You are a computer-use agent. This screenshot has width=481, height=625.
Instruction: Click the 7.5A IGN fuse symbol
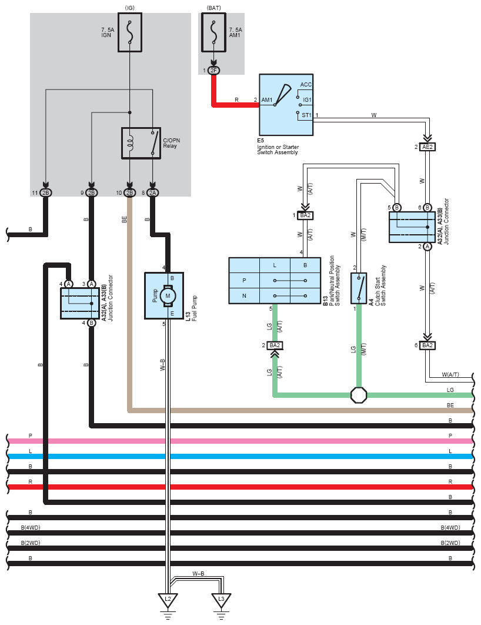click(x=130, y=32)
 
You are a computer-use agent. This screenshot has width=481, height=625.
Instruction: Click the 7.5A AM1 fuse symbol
click(x=214, y=32)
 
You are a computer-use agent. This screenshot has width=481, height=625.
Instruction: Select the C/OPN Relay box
click(x=141, y=143)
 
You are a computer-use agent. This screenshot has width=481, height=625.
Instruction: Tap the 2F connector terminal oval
click(x=214, y=71)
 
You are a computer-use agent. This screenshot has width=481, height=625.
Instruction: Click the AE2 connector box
click(x=427, y=147)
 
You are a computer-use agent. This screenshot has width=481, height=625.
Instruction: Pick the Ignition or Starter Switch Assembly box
click(x=286, y=104)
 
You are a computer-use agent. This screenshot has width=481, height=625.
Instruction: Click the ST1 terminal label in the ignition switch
click(x=306, y=115)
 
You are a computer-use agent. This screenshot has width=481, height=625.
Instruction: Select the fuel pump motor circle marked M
click(x=168, y=296)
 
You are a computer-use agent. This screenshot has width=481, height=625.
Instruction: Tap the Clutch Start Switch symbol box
click(x=359, y=288)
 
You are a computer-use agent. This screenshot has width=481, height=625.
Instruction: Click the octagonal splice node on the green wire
click(x=359, y=395)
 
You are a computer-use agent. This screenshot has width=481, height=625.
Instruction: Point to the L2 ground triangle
click(x=168, y=600)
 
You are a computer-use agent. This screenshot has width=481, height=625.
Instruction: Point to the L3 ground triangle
click(x=221, y=600)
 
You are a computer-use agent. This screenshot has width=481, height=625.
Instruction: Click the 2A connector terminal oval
click(x=152, y=193)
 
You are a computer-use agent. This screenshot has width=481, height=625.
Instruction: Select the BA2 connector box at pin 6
click(x=427, y=345)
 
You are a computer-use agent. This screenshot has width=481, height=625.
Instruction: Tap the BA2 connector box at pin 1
click(x=305, y=215)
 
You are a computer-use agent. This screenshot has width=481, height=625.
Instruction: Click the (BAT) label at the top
click(x=214, y=8)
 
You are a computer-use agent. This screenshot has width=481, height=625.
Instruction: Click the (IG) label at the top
click(x=130, y=8)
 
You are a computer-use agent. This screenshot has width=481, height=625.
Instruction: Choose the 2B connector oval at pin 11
click(x=46, y=193)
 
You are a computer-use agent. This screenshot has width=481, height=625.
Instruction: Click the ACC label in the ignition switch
click(x=306, y=85)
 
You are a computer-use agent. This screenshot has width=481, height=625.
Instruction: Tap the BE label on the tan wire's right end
click(x=450, y=405)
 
